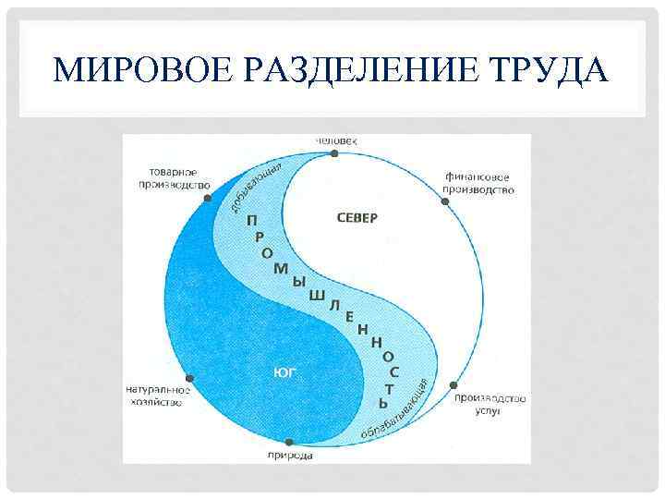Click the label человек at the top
[x=335, y=140]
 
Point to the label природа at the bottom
[x=289, y=456]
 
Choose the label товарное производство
[x=179, y=178]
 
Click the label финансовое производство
[x=478, y=183]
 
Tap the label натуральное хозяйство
[x=158, y=396]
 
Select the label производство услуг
[x=490, y=404]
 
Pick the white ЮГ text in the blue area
[x=284, y=371]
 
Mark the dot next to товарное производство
[x=208, y=197]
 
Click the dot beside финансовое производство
[x=446, y=201]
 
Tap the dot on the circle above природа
[x=289, y=443]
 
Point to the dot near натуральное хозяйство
[x=189, y=378]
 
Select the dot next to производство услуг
[x=452, y=384]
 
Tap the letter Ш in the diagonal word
[x=316, y=295]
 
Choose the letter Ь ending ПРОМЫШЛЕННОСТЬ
[x=383, y=403]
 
